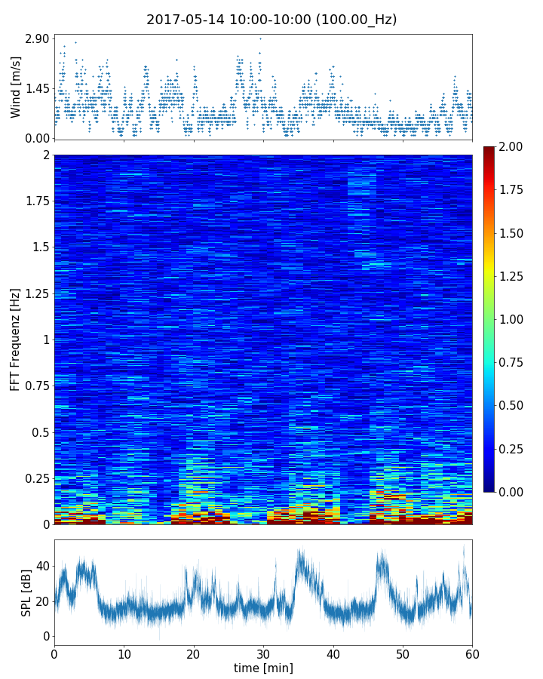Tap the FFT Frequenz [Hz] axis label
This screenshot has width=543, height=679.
pos(16,339)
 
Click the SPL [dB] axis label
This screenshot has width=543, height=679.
pos(26,592)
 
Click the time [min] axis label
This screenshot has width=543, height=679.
pos(263,668)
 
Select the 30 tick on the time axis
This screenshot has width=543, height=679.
pos(263,653)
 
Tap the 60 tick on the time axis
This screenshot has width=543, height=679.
pos(472,653)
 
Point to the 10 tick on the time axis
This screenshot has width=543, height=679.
pos(124,653)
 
